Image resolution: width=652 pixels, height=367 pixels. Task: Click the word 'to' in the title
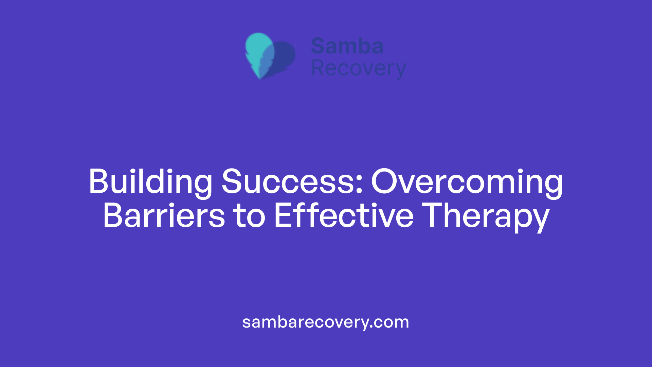pyautogui.click(x=249, y=216)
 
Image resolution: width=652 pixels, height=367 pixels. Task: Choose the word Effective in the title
pyautogui.click(x=344, y=216)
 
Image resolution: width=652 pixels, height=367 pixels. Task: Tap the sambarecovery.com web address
pyautogui.click(x=326, y=322)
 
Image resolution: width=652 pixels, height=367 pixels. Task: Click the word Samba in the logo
pyautogui.click(x=347, y=46)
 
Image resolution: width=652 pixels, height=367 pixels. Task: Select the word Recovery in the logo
pyautogui.click(x=358, y=69)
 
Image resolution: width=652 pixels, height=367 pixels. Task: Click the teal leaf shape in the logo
pyautogui.click(x=258, y=48)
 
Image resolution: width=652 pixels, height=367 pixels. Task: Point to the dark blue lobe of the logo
pyautogui.click(x=285, y=56)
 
